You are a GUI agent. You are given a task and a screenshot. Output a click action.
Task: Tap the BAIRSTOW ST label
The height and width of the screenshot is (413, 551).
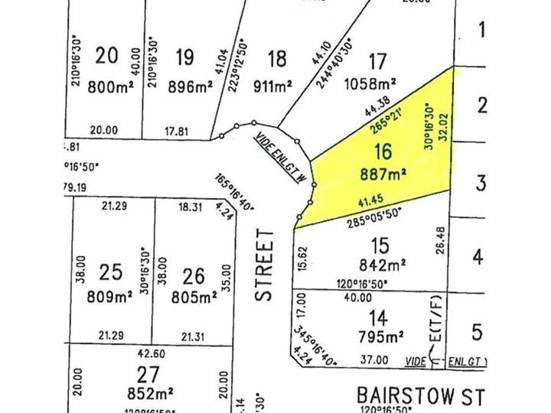click(x=421, y=396)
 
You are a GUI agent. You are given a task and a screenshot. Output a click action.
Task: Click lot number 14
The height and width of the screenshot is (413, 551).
click(x=377, y=316)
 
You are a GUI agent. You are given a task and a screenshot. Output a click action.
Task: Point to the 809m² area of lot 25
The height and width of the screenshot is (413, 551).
click(x=111, y=296)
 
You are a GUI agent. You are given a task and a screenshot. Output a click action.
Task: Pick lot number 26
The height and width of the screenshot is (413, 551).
click(x=194, y=272)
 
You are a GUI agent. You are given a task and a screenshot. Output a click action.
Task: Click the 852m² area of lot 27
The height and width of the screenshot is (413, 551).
click(x=150, y=395)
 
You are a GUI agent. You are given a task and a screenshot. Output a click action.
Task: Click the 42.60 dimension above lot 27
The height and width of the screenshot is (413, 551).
click(x=152, y=354)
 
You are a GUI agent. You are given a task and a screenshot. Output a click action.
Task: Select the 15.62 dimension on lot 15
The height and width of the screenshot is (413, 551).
click(x=302, y=255)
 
